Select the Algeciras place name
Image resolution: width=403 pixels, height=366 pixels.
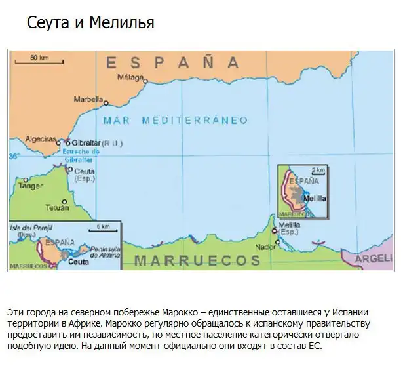tap(39, 140)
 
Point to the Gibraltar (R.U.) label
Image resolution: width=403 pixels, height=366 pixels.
tap(92, 142)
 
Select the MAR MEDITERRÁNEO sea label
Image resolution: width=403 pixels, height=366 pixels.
tap(176, 121)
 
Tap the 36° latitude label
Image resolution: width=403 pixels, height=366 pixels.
tap(14, 157)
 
